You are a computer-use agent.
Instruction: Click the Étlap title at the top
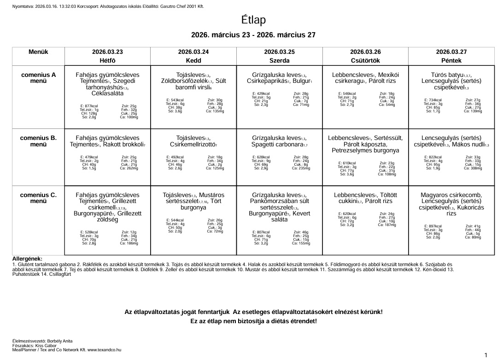click(x=253, y=20)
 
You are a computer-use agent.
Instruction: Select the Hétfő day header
click(x=107, y=60)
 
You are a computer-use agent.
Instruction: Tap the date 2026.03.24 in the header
click(x=193, y=52)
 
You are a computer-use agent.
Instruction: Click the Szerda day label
click(x=279, y=60)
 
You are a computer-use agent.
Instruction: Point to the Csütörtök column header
click(x=365, y=60)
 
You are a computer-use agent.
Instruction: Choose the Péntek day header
click(x=451, y=60)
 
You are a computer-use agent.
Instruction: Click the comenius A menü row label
click(x=38, y=78)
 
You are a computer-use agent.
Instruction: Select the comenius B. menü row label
click(x=38, y=141)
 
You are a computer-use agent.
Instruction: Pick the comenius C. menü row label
click(x=38, y=198)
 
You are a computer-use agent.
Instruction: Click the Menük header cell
click(x=38, y=52)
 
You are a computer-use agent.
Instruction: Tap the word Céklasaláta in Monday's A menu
click(x=107, y=93)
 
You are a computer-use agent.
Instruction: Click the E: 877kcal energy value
click(x=89, y=106)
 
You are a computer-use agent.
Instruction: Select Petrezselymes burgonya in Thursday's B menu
click(x=365, y=151)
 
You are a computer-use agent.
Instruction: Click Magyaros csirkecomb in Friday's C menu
click(x=451, y=195)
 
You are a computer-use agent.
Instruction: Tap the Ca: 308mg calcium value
click(x=473, y=168)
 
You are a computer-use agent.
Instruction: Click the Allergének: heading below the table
click(x=27, y=259)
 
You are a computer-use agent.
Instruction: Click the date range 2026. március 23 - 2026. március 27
click(x=253, y=35)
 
